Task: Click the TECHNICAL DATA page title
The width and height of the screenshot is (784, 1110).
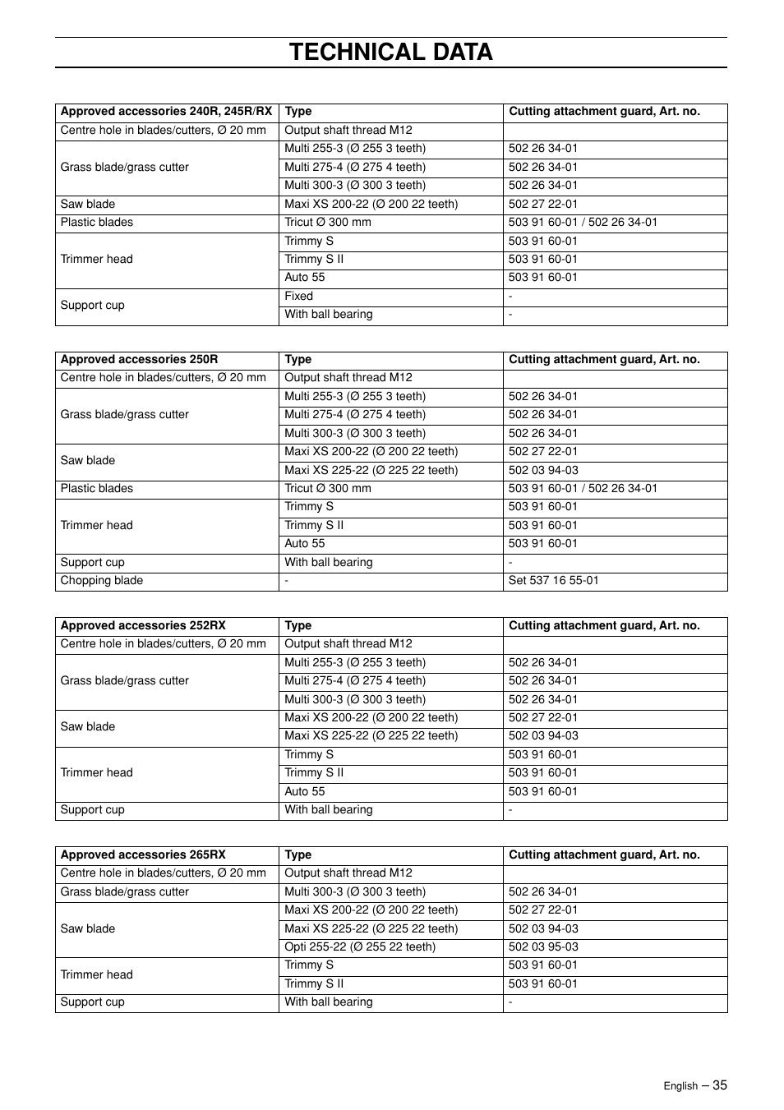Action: [x=391, y=52]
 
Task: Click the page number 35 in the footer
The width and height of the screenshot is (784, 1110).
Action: [x=720, y=1085]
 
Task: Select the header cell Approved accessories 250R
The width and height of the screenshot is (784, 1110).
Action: [x=139, y=359]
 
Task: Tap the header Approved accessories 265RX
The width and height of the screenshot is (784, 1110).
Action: [x=142, y=854]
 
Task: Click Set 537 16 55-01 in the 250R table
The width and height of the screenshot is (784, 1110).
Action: [x=553, y=580]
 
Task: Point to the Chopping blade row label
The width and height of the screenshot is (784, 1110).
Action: [x=101, y=580]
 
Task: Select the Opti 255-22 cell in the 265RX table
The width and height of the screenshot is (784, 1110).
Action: [x=359, y=946]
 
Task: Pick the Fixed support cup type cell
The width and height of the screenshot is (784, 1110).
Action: [x=298, y=296]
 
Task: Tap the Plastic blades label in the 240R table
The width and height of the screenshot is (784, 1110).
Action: [x=96, y=222]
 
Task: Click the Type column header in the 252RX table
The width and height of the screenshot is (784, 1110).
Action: [x=297, y=625]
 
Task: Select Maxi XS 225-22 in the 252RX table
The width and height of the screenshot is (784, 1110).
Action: [x=371, y=735]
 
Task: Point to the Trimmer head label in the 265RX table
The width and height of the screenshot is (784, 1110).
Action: [x=96, y=974]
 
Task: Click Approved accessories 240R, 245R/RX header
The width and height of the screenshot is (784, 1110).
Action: [x=166, y=111]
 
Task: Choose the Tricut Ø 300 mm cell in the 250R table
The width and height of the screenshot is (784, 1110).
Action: [x=327, y=488]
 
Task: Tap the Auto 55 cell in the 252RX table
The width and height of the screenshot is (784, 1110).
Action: [x=304, y=791]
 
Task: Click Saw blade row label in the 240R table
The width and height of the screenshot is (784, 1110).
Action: [x=87, y=204]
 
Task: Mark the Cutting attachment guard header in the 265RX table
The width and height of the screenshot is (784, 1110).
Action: [x=604, y=854]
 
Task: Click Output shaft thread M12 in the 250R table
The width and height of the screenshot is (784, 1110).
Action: [x=348, y=377]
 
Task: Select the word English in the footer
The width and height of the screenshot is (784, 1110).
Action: [x=680, y=1086]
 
